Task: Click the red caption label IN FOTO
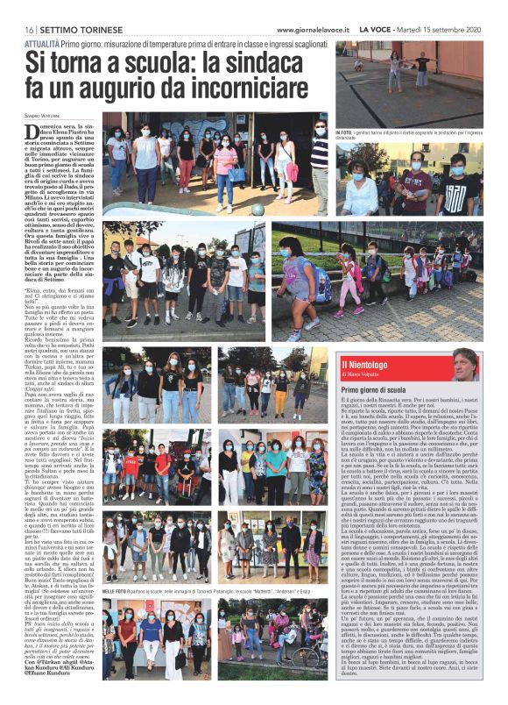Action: click(x=345, y=131)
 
